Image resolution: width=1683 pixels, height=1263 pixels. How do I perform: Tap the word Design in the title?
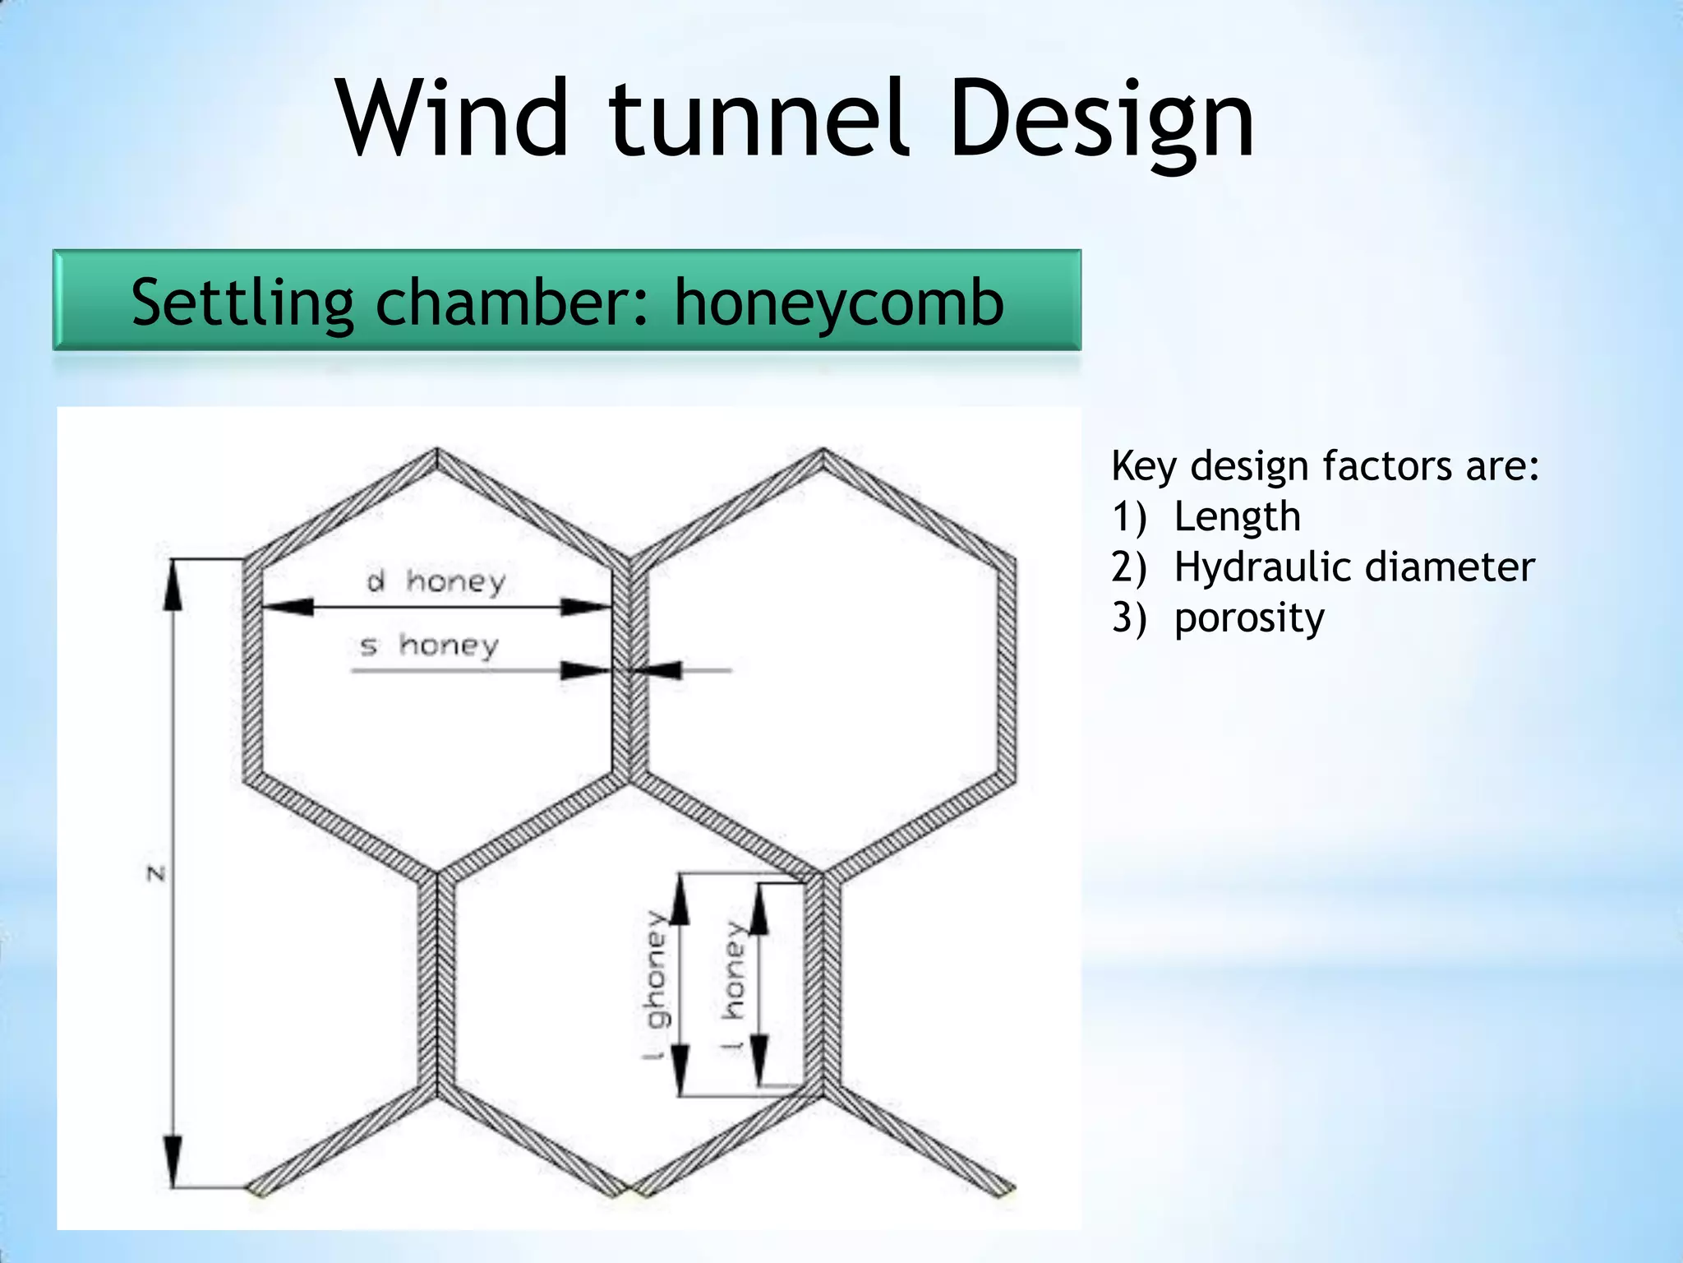[x=1101, y=120]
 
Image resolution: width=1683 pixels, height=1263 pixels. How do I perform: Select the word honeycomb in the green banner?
[x=839, y=303]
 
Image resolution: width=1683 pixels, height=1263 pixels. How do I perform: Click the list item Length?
[x=1237, y=517]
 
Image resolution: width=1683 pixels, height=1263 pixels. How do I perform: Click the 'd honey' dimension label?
[x=436, y=581]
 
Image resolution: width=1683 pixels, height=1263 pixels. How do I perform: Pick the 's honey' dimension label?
[x=429, y=645]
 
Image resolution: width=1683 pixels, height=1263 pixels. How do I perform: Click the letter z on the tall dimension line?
[x=156, y=873]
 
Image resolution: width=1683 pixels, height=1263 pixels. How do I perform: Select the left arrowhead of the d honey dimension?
[x=288, y=608]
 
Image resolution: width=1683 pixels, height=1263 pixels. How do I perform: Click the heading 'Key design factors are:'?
[x=1325, y=466]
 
